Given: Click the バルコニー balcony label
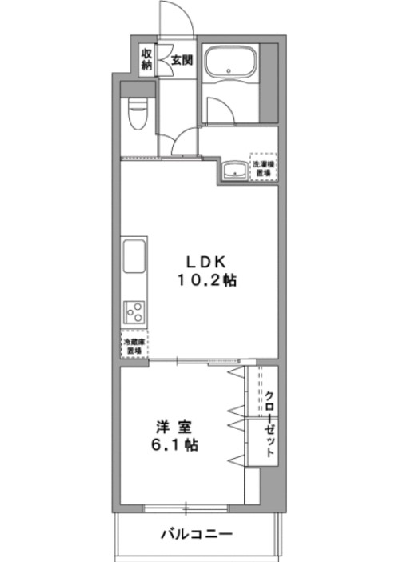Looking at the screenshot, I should pyautogui.click(x=196, y=534).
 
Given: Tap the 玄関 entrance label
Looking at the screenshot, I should pyautogui.click(x=181, y=58).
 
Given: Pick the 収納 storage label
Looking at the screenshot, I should pyautogui.click(x=146, y=59).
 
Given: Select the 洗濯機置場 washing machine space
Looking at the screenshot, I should pyautogui.click(x=262, y=167).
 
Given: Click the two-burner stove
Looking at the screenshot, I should pyautogui.click(x=134, y=312).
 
